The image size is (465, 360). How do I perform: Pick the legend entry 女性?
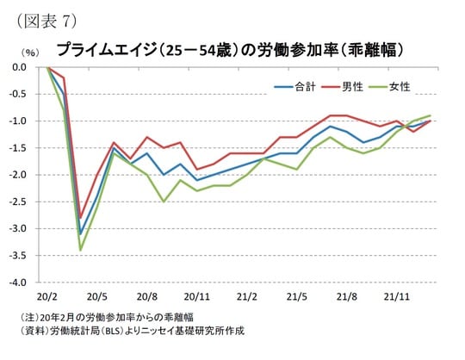[399, 86]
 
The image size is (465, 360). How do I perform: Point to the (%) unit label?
[29, 53]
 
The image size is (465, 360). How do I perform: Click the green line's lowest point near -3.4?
[80, 250]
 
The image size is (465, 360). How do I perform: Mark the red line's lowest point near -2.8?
[80, 218]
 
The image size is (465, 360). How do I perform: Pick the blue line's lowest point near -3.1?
[80, 233]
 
